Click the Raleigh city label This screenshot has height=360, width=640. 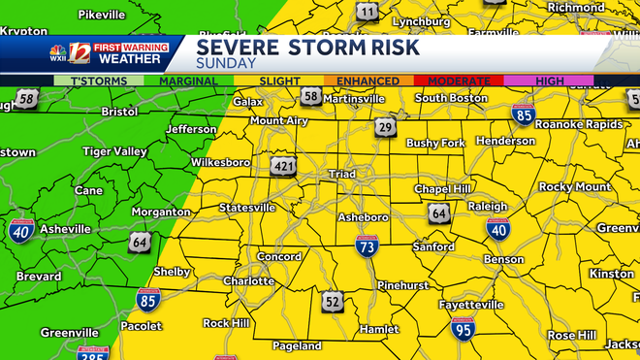[x=488, y=207]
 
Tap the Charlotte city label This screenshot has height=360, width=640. [x=248, y=282]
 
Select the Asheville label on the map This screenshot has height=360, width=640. [x=65, y=229]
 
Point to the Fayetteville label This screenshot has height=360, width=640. [x=470, y=305]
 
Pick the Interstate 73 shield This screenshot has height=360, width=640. [x=367, y=245]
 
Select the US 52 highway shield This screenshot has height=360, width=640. [x=334, y=302]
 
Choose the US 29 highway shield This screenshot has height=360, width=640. [x=386, y=128]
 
